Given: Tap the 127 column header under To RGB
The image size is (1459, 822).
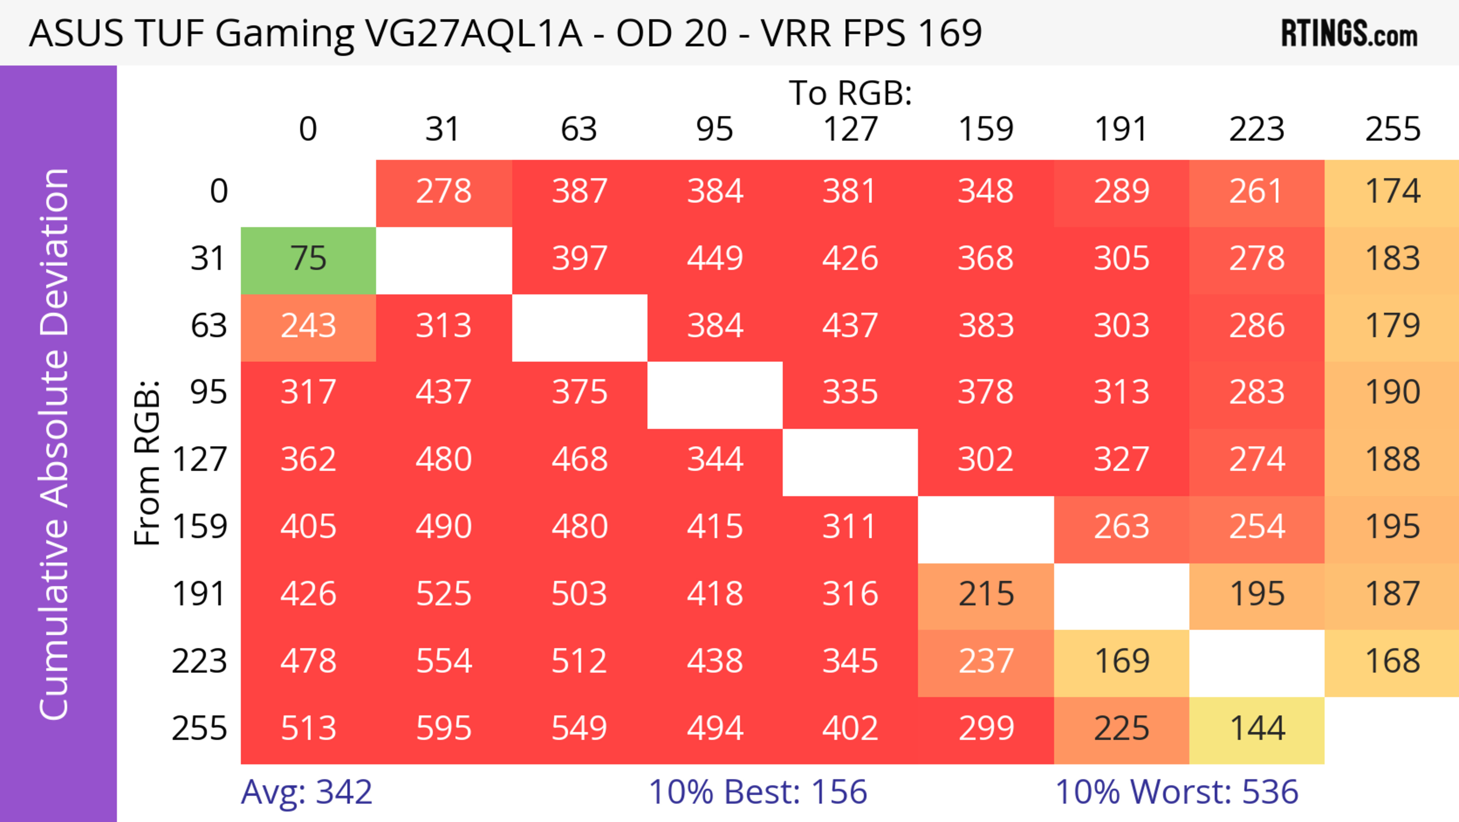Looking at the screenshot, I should [850, 129].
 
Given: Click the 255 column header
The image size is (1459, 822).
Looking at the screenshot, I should [1392, 129].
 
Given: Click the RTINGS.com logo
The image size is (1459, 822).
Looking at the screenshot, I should [1349, 34].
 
